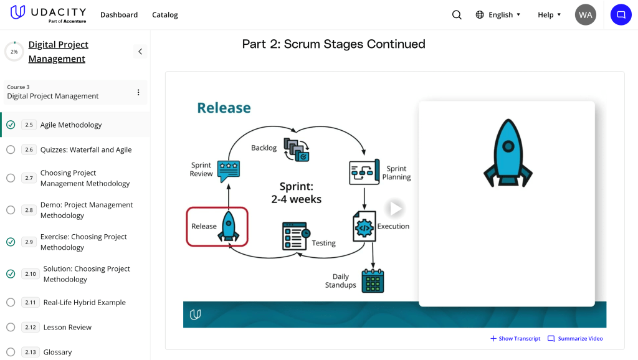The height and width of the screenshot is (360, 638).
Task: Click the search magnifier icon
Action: [x=457, y=15]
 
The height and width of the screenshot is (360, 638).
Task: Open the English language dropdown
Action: [x=498, y=15]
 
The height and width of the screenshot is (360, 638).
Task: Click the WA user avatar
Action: [x=586, y=15]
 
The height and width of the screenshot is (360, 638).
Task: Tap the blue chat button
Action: [x=621, y=15]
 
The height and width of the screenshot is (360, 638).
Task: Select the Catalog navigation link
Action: [x=165, y=15]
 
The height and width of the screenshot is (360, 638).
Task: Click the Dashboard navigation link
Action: [x=119, y=15]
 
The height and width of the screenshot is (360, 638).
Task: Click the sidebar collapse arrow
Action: [x=140, y=52]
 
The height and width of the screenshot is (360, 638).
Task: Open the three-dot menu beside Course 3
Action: [x=138, y=92]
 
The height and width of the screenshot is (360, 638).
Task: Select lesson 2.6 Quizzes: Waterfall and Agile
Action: [x=86, y=149]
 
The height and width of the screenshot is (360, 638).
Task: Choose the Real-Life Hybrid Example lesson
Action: [x=84, y=303]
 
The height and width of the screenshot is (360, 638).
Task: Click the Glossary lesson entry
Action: [x=58, y=352]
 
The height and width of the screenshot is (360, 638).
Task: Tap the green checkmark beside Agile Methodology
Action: [x=11, y=125]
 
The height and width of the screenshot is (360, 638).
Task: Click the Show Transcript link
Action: [x=515, y=339]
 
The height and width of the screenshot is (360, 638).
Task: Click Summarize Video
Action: [x=575, y=339]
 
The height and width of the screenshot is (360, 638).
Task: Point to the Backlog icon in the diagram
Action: [x=296, y=149]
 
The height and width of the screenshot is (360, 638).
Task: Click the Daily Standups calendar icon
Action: [x=373, y=281]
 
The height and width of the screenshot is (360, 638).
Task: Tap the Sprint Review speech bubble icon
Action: [x=229, y=170]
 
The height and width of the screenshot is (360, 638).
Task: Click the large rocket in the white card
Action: [x=508, y=153]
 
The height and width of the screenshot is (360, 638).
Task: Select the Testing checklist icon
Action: [x=295, y=235]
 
